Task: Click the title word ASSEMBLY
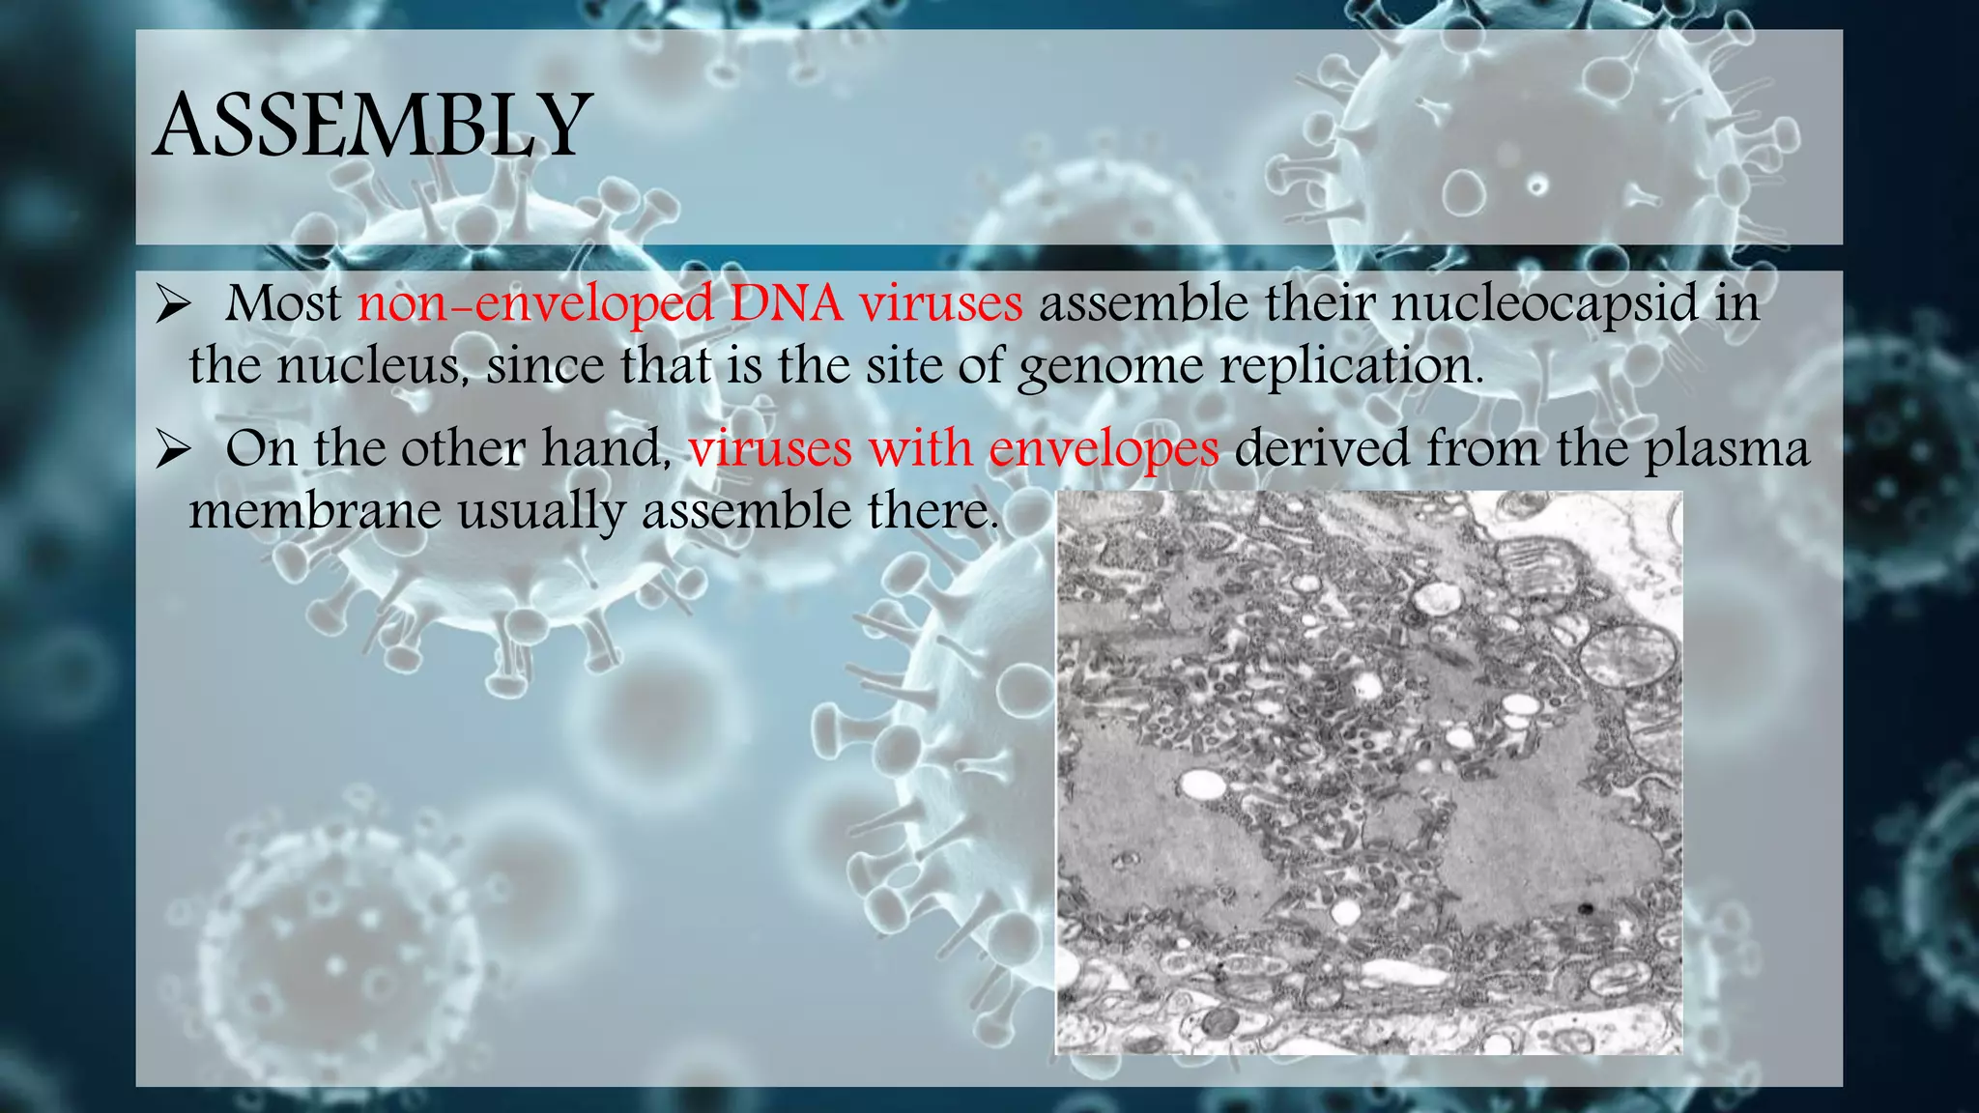coord(372,126)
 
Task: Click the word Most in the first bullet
coord(283,303)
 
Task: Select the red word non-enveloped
coord(535,303)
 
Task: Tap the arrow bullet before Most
coord(173,306)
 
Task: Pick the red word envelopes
coord(1104,450)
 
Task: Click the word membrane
coord(314,510)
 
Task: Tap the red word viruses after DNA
coord(940,303)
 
